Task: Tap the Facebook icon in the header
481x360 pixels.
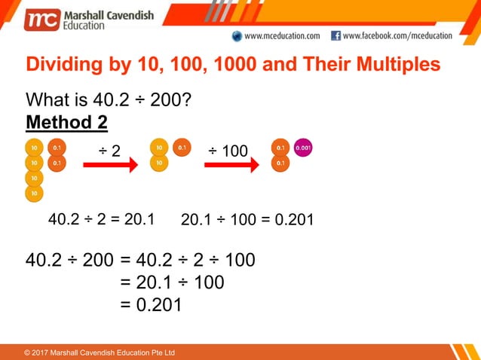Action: (336, 35)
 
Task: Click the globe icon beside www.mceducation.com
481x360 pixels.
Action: (237, 35)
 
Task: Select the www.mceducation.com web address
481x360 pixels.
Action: (282, 35)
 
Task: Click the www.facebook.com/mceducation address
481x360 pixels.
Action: (397, 35)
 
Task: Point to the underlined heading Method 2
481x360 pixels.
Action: (66, 122)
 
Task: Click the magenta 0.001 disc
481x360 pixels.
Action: (303, 148)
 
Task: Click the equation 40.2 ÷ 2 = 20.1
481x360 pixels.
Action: (101, 219)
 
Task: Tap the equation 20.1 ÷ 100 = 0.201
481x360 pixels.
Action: (247, 220)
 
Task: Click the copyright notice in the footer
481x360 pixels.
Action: (100, 352)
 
